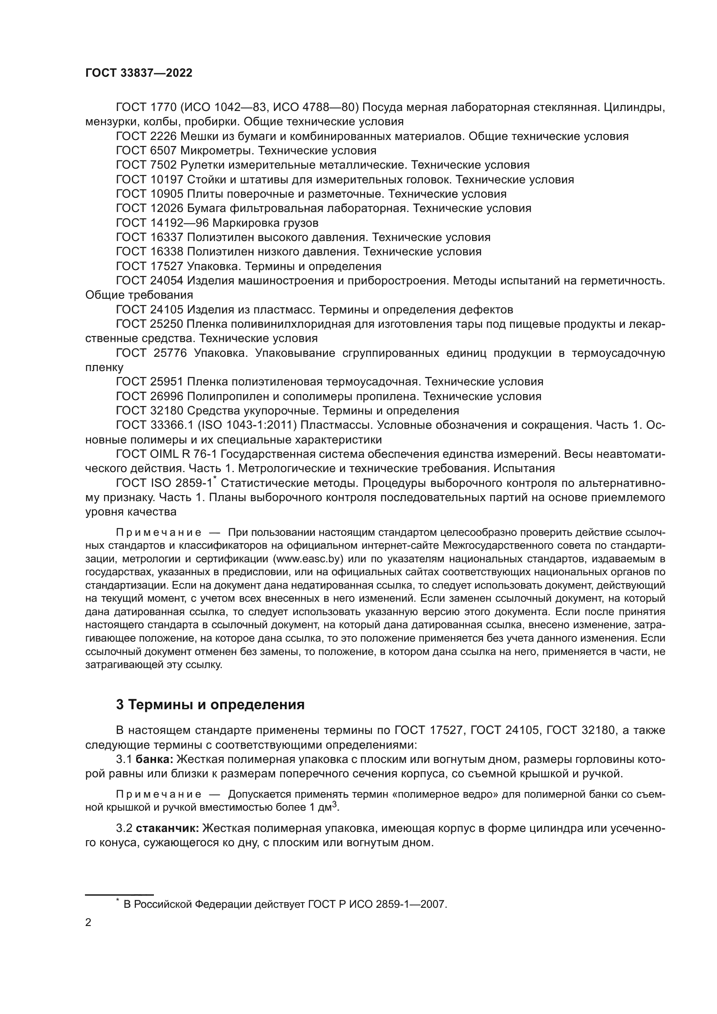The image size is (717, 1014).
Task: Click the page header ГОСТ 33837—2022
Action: [139, 73]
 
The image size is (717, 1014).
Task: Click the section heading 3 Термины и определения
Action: [210, 704]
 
